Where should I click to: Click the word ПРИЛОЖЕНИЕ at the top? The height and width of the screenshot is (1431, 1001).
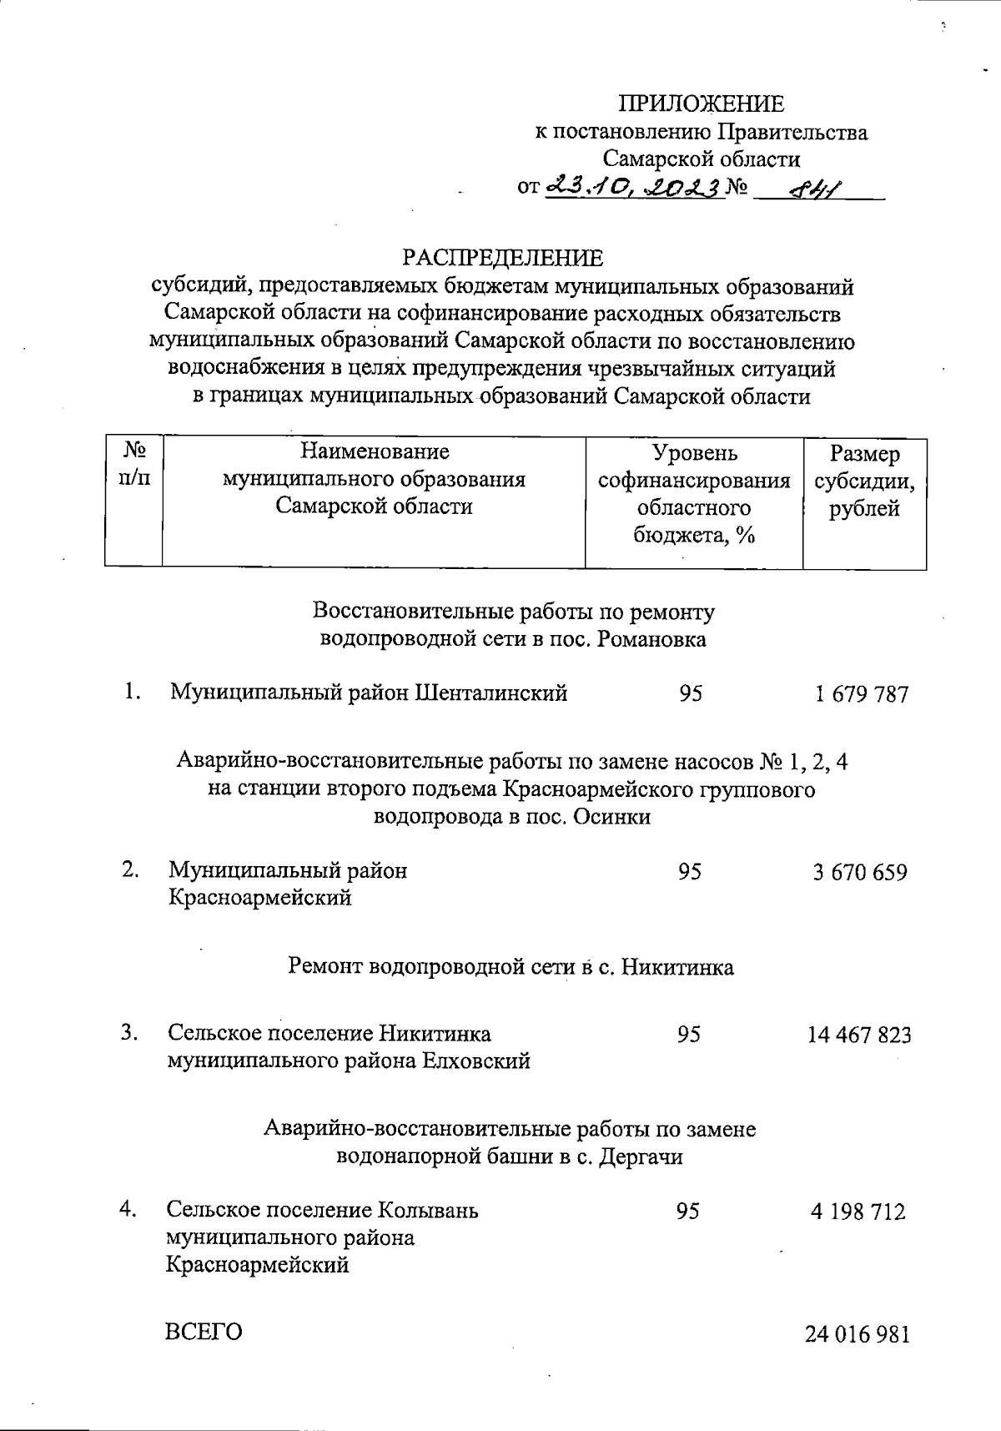(x=701, y=103)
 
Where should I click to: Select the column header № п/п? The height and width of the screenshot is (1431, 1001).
(x=134, y=466)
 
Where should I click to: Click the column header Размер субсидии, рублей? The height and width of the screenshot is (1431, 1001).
(x=864, y=481)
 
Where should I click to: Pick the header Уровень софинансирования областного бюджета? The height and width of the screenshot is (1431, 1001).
(x=694, y=494)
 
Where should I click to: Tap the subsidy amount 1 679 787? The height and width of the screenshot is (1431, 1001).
(x=861, y=694)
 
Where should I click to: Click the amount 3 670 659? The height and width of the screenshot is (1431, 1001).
(x=860, y=873)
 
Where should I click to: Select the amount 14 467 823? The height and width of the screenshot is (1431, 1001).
(x=859, y=1035)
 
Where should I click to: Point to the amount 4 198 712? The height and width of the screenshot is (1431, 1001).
(x=858, y=1212)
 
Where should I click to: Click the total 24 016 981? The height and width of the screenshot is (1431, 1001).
(x=857, y=1334)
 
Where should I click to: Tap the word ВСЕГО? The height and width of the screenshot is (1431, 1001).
(x=204, y=1332)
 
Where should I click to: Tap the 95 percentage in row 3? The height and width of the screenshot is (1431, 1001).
(x=689, y=1035)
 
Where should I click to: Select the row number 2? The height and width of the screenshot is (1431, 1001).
(x=130, y=869)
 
